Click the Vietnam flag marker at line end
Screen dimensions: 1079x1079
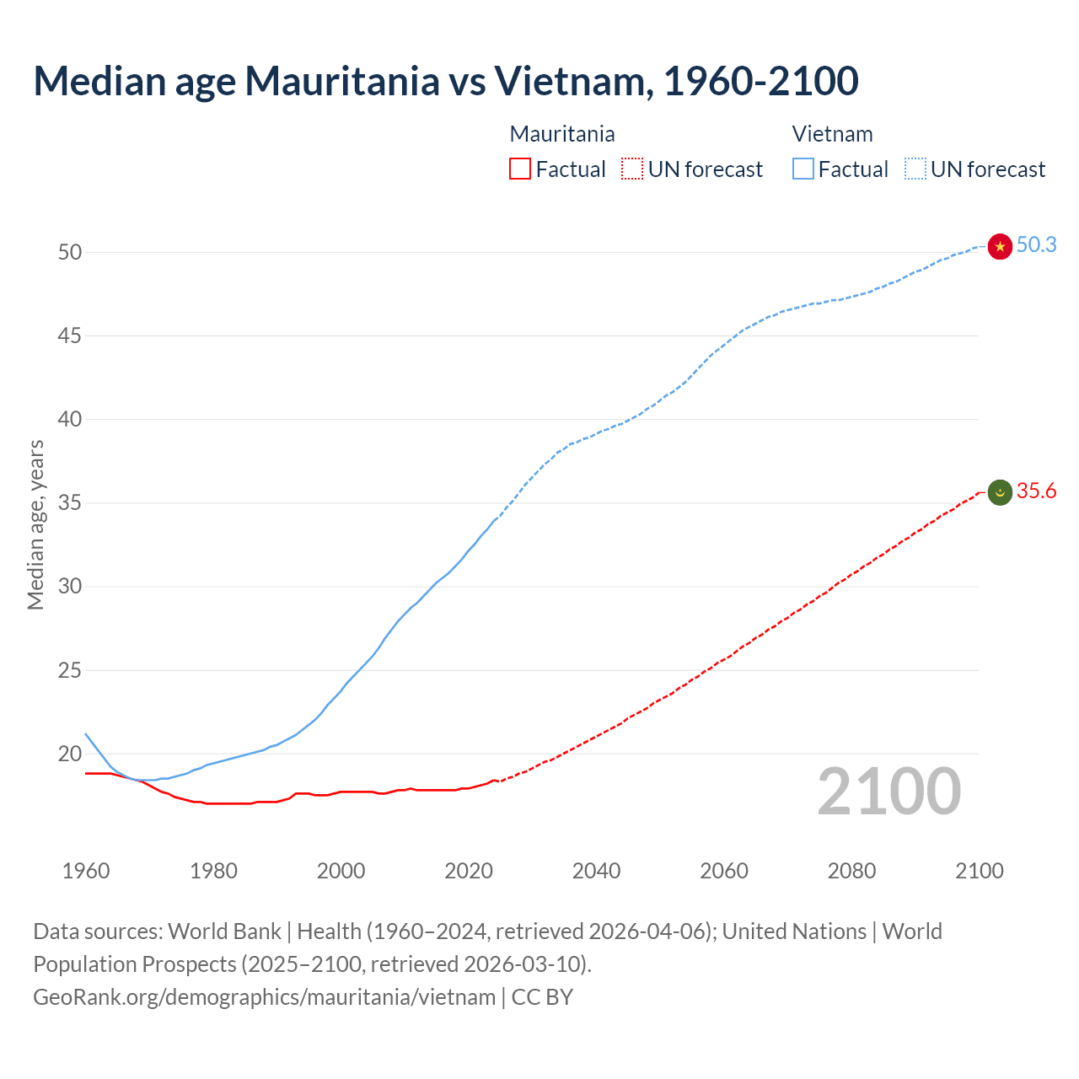[1000, 246]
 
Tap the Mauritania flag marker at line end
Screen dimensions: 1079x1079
[1000, 492]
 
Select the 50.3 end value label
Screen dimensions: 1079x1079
[1036, 245]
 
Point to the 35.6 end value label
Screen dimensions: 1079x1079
[1036, 491]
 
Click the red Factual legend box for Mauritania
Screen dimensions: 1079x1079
[520, 169]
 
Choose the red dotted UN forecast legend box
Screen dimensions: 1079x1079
[632, 169]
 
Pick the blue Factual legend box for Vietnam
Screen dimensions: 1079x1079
[803, 169]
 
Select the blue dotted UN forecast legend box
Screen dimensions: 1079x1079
[915, 169]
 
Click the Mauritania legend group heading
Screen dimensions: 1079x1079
[562, 134]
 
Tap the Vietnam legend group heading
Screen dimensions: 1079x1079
[832, 134]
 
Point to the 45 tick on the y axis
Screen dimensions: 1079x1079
[70, 336]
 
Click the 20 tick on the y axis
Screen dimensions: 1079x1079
[70, 754]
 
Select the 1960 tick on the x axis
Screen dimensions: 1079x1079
[86, 871]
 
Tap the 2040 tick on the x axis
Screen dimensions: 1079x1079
[596, 871]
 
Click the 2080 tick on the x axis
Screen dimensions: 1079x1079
[851, 871]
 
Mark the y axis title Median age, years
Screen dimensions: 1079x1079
[35, 524]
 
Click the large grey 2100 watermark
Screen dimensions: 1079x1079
[888, 792]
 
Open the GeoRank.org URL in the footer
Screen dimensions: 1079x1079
[264, 997]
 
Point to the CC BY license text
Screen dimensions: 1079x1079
[542, 997]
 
